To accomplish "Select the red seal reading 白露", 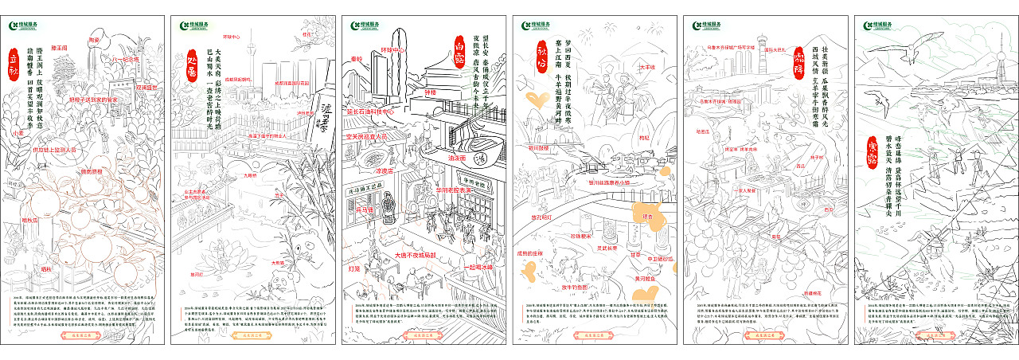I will pos(459,49).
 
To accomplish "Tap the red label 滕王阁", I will pos(60,48).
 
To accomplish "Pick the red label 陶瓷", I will pos(95,39).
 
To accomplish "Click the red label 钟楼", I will pos(431,92).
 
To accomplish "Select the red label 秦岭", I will pos(356,59).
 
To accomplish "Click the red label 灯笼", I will pos(354,268).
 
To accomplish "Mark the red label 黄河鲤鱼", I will pos(644,278).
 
